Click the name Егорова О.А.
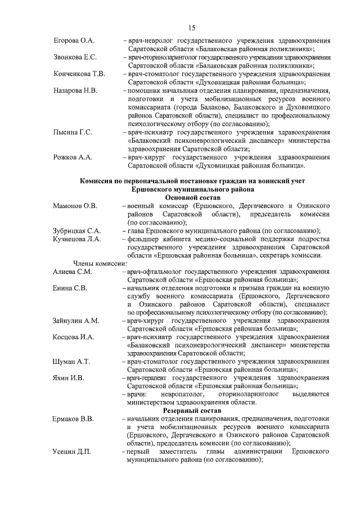click(x=74, y=42)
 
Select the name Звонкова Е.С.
click(x=75, y=58)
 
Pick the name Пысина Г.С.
click(x=73, y=132)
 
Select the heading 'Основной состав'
click(x=192, y=198)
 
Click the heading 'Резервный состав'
click(x=192, y=411)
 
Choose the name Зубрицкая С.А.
click(x=76, y=231)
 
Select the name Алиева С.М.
click(x=72, y=272)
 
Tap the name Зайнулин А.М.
click(x=76, y=321)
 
